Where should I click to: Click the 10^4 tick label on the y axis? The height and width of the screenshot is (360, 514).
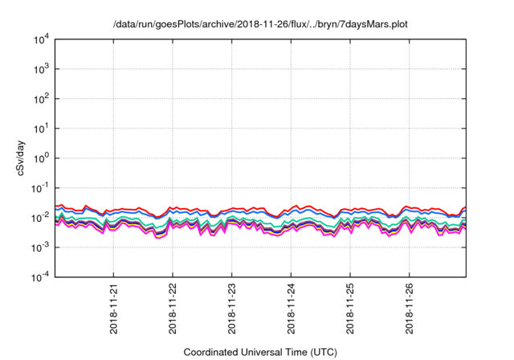(41, 39)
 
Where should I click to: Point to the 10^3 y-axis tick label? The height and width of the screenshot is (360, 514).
(41, 68)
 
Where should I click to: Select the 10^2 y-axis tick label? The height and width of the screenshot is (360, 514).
(41, 98)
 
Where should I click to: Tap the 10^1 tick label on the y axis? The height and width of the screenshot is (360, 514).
(41, 128)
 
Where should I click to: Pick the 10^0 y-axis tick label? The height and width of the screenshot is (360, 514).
(41, 157)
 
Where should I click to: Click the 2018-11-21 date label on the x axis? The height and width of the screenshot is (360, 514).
(113, 309)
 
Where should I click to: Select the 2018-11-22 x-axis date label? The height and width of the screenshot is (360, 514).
(173, 309)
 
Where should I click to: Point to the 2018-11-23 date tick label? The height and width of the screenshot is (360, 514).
(232, 309)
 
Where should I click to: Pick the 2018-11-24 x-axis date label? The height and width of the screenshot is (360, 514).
(291, 309)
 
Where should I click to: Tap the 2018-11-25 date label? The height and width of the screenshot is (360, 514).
(350, 309)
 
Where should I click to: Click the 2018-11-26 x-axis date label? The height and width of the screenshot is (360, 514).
(410, 309)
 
